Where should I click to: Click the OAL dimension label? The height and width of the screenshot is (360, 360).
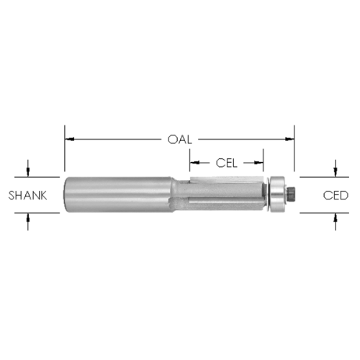coord(180,140)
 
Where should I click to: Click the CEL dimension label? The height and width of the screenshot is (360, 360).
coord(227,163)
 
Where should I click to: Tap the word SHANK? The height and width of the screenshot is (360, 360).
coord(27,195)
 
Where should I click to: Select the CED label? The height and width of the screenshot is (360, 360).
coord(336,195)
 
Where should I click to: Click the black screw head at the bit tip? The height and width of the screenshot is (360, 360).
coord(291,194)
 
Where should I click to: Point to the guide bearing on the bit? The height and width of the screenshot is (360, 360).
coord(277,194)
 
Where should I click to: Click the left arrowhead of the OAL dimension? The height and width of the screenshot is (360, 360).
coord(70,139)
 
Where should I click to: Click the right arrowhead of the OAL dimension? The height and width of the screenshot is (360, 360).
coord(289,139)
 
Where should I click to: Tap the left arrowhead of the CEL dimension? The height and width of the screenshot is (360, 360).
coord(195,163)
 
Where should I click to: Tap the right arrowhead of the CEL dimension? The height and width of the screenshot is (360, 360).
coord(258,163)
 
